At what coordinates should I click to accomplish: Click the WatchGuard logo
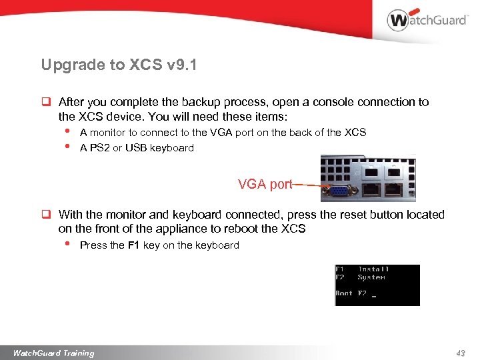427,20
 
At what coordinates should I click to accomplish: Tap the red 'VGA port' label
265,185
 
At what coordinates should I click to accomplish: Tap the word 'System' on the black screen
371,277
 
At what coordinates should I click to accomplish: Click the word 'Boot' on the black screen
344,293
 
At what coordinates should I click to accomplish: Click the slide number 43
460,353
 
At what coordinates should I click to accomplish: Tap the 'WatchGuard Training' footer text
53,353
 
